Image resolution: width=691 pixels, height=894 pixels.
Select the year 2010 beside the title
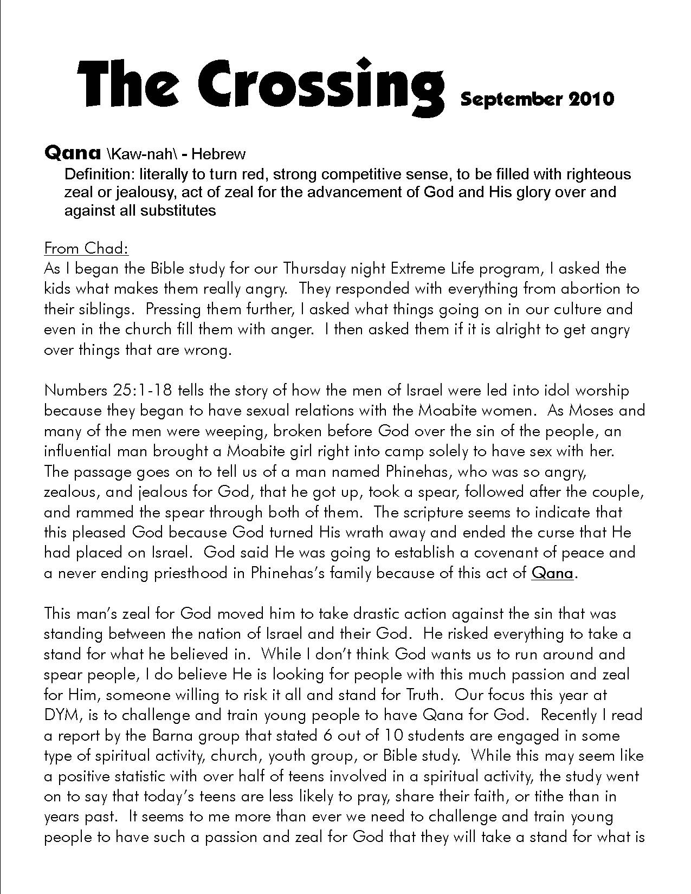coord(591,99)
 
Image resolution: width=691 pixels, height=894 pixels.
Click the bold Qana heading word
coord(72,153)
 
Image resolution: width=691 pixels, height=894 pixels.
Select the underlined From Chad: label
coord(86,248)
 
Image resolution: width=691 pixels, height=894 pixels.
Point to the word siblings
coord(102,309)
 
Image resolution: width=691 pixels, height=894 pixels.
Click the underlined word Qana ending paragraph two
coord(552,573)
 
